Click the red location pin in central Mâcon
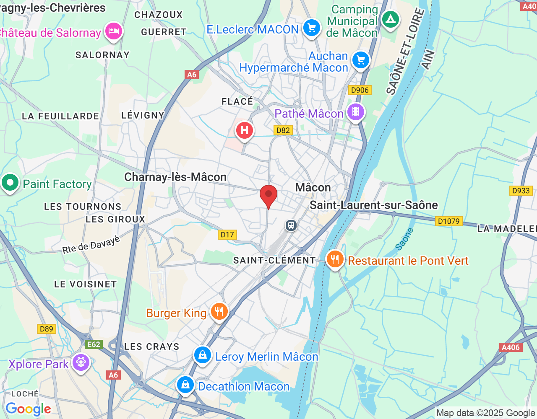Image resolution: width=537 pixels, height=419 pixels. coord(268,195)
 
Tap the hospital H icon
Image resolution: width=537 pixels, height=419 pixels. coord(244,131)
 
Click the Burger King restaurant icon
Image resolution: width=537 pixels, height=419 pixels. coord(219,312)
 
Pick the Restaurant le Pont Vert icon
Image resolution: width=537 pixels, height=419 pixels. coord(335,260)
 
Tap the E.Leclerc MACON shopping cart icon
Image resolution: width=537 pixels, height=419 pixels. coord(311,28)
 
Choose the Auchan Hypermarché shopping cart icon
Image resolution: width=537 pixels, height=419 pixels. coord(361,60)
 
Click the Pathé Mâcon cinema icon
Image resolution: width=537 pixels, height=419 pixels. coord(355,112)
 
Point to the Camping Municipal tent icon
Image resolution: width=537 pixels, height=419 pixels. coord(391,19)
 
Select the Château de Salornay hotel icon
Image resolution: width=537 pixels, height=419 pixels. coord(114,31)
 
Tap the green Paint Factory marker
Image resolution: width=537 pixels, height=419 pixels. coord(10,183)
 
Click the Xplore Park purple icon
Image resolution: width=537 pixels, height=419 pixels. coord(81,362)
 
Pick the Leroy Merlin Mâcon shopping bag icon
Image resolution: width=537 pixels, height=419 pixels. coord(203,355)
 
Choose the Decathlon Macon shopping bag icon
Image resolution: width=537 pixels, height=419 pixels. coord(185,385)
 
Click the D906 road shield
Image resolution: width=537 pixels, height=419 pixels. coord(360,90)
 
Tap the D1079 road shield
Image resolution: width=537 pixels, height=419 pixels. coord(449,221)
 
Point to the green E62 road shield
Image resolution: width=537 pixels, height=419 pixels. coord(93,344)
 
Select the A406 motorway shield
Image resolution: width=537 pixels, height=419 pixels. coord(511,347)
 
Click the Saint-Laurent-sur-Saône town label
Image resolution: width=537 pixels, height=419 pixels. coord(373,205)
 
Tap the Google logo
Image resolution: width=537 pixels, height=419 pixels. coord(28,409)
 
